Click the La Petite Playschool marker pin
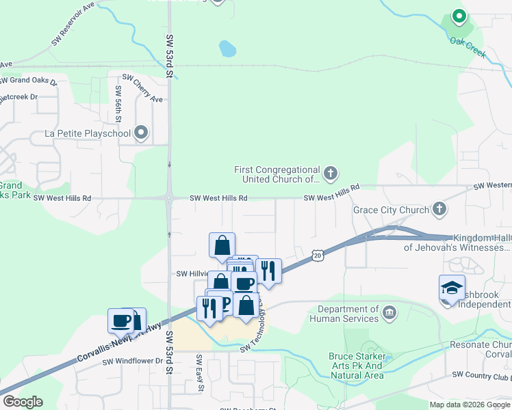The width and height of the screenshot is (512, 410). pos(142,132)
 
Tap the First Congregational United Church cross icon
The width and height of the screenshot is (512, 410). pos(330,173)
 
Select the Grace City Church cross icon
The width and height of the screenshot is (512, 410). pos(439,210)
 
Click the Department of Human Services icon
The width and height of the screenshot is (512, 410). pos(389,314)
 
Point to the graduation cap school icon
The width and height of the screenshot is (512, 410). pos(452,289)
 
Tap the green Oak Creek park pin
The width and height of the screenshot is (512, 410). pos(458,17)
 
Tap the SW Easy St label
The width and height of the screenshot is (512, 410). pos(199,373)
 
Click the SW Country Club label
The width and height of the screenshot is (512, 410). pos(482,375)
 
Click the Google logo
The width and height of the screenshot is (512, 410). pos(23,402)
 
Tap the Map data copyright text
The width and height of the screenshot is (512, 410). pos(469,405)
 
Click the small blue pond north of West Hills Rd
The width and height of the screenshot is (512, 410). pos(227,49)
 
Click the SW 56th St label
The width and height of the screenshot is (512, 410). pos(118,103)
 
